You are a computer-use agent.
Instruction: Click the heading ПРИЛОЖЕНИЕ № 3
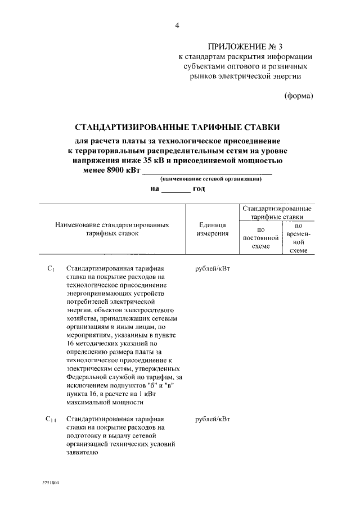pos(245,46)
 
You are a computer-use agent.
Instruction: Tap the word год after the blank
pos(199,188)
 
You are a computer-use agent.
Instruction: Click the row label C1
pos(50,269)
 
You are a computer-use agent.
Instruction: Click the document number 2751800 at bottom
pos(50,483)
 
